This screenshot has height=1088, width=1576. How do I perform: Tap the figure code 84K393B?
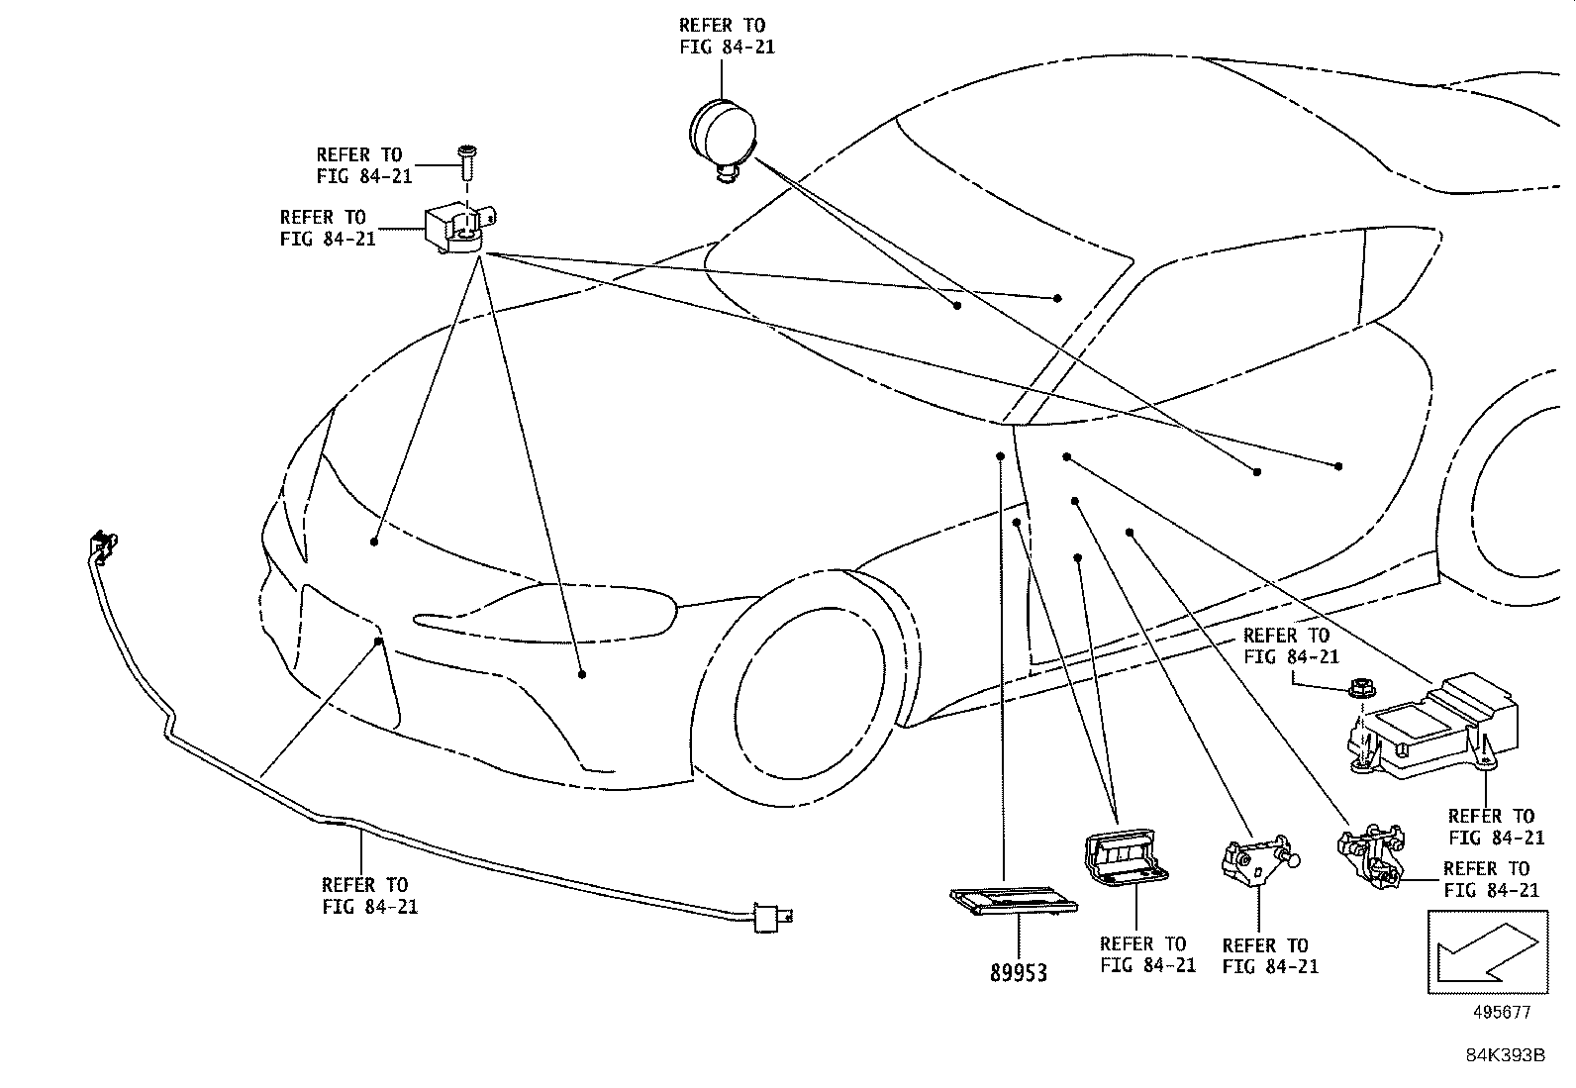[x=1505, y=1055]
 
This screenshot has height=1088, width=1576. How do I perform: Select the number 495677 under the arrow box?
[x=1502, y=1013]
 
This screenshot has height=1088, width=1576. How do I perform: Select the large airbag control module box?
[x=1430, y=728]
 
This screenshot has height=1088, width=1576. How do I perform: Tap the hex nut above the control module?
[x=1360, y=686]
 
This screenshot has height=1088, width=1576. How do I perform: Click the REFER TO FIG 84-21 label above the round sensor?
[x=727, y=36]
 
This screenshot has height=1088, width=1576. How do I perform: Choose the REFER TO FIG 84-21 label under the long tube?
[x=369, y=895]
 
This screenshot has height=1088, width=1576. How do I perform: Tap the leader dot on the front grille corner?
[x=378, y=642]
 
